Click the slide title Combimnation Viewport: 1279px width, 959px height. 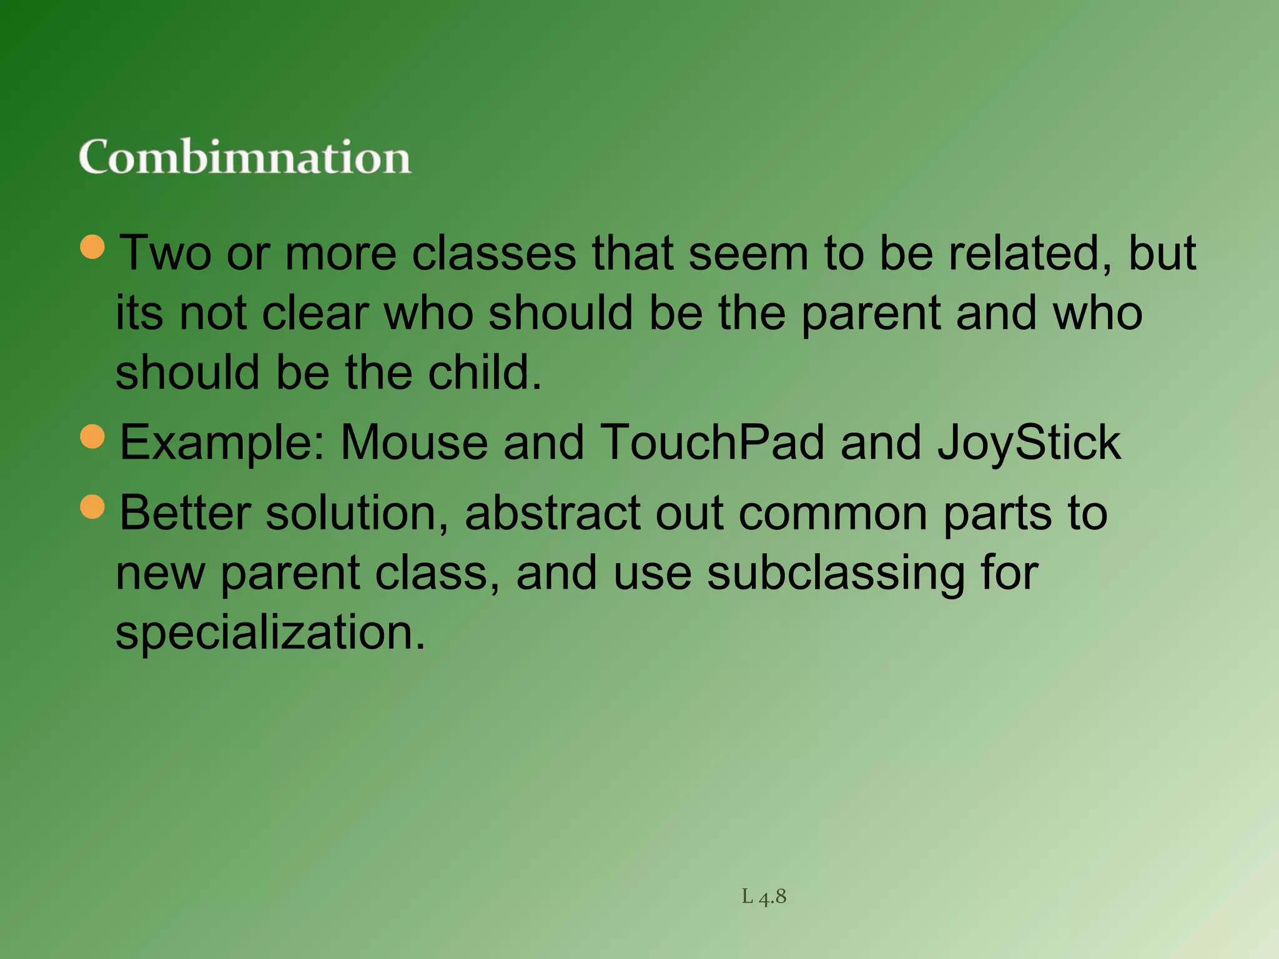(244, 157)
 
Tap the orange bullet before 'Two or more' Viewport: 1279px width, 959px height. (93, 247)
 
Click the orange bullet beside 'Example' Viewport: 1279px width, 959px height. (93, 436)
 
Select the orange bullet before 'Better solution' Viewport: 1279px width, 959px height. (93, 506)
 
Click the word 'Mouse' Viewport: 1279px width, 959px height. (413, 443)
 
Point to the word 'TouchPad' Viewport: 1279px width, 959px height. (712, 443)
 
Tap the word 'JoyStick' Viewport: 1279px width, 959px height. (1029, 443)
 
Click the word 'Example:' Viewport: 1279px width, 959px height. (222, 443)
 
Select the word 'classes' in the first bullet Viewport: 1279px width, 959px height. (494, 253)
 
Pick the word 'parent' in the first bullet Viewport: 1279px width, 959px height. (871, 313)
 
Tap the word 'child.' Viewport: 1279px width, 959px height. (485, 373)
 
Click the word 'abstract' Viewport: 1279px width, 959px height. (553, 513)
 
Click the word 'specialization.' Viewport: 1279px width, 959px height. (270, 632)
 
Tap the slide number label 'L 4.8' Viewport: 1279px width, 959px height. (764, 897)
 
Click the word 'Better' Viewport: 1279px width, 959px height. (185, 513)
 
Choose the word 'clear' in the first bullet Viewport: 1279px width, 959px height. (315, 313)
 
